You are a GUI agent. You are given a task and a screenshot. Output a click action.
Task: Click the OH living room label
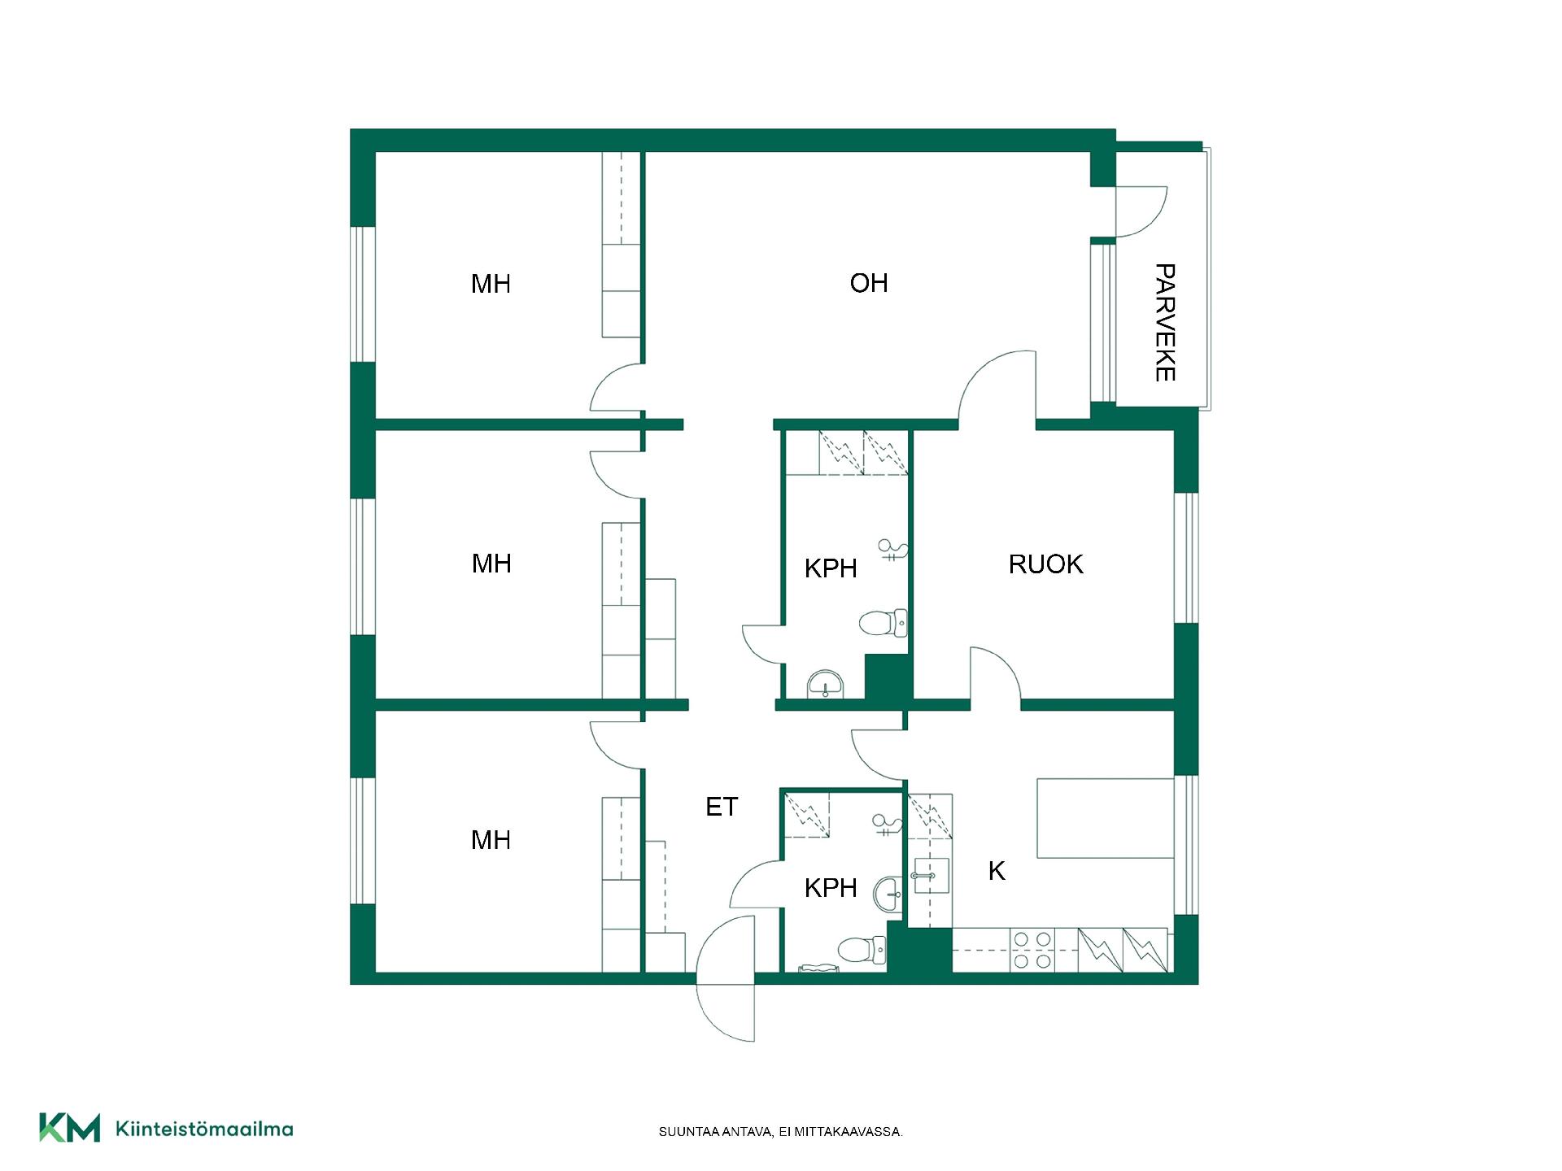(x=868, y=283)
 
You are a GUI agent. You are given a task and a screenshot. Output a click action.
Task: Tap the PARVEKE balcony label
(x=1165, y=322)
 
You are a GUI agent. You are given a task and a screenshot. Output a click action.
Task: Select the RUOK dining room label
(x=1045, y=564)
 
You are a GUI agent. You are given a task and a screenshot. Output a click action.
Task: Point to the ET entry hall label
(x=722, y=807)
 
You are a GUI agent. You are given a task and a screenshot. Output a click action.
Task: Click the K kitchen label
(x=997, y=871)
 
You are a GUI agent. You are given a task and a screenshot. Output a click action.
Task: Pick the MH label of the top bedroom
(x=491, y=284)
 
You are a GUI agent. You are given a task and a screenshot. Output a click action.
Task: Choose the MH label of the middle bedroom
(x=491, y=564)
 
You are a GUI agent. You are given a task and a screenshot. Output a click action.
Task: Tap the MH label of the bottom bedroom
(x=491, y=840)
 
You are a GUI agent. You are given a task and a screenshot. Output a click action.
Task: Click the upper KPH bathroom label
(x=831, y=568)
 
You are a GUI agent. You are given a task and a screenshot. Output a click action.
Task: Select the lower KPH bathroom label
(x=831, y=888)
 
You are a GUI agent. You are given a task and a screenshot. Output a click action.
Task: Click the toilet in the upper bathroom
(x=883, y=624)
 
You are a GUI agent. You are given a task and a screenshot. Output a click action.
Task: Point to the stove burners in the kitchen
(x=1032, y=951)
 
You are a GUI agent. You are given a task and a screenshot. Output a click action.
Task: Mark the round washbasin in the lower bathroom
(x=889, y=895)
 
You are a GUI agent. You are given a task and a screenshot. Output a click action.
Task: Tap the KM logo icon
(x=70, y=1128)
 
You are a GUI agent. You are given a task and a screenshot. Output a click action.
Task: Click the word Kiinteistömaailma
(x=204, y=1129)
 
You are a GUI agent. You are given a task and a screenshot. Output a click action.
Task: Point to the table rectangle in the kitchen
(x=1106, y=818)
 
